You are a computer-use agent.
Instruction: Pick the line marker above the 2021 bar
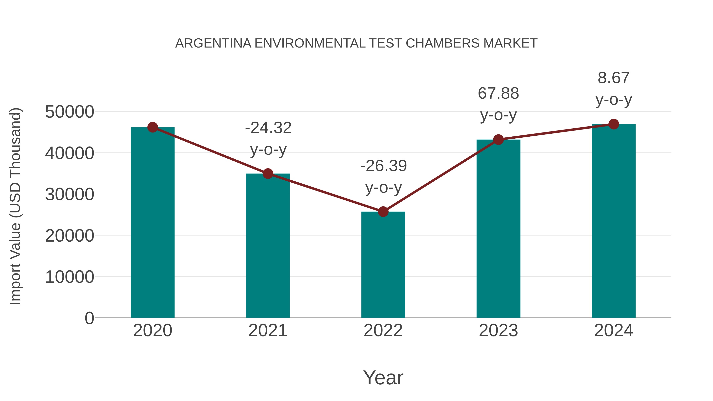(268, 174)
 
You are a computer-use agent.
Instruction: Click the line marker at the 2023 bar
(498, 140)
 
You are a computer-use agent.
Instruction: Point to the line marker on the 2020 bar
(153, 127)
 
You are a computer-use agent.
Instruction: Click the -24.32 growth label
(268, 128)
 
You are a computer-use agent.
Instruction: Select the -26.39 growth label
(383, 166)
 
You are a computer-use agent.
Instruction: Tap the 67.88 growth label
(498, 93)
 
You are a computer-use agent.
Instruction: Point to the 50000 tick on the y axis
(70, 112)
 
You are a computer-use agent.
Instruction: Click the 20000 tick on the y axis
(70, 236)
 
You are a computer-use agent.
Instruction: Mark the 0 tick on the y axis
(89, 318)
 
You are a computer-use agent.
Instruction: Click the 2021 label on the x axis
(268, 331)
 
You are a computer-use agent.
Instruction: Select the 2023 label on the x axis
(498, 331)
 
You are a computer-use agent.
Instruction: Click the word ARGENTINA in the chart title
(213, 43)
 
